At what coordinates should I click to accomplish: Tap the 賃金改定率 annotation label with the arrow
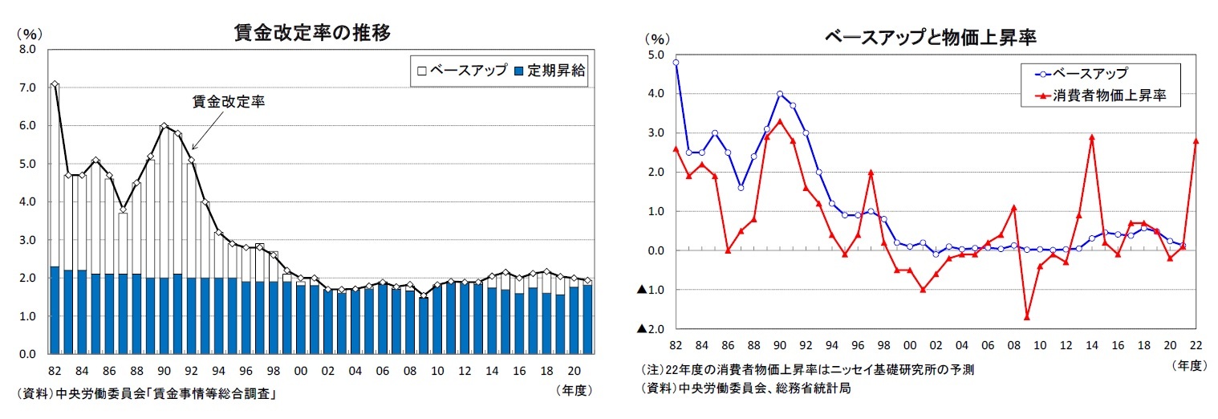[x=229, y=102]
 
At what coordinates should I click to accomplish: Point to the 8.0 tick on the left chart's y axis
[x=27, y=50]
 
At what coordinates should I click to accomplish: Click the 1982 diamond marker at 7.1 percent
[x=54, y=84]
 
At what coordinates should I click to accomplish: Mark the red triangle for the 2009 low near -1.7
[x=1026, y=317]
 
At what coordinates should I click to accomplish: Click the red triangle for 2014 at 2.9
[x=1092, y=137]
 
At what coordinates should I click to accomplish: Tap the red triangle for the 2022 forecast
[x=1196, y=141]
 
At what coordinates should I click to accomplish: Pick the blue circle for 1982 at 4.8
[x=676, y=63]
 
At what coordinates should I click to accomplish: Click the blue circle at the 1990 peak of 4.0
[x=779, y=94]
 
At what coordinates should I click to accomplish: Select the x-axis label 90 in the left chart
[x=164, y=372]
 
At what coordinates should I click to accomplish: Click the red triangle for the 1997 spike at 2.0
[x=871, y=173]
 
